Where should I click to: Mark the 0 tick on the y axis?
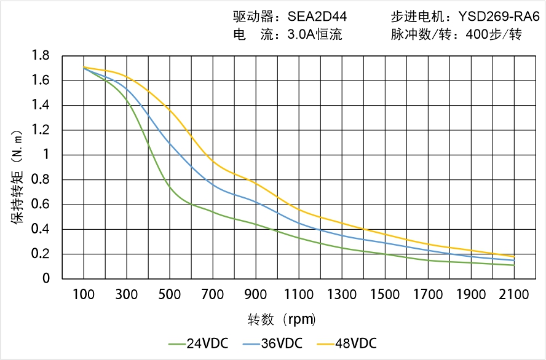point(45,279)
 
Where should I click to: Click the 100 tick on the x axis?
point(84,294)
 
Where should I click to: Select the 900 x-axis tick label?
point(256,294)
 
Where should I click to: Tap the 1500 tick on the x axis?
point(385,294)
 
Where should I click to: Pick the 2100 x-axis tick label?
point(514,294)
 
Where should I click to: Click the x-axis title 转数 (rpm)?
point(282,319)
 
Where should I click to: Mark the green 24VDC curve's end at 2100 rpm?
point(514,265)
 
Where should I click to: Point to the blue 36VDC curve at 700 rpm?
point(213,184)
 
